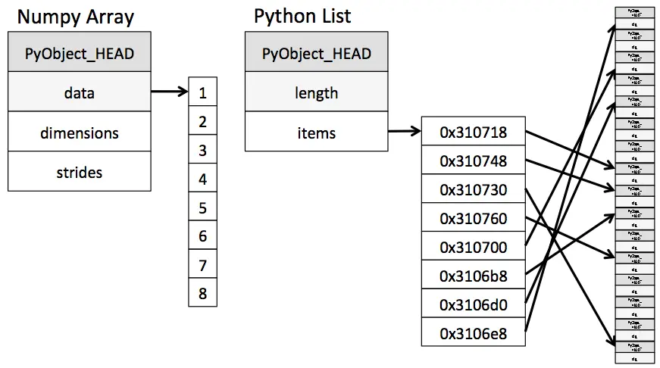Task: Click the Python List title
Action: point(302,16)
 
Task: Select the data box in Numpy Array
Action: point(79,93)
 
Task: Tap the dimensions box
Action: point(79,133)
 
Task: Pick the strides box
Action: point(79,172)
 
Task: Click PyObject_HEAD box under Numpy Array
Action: point(79,54)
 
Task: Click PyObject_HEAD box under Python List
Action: point(316,54)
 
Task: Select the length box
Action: point(316,93)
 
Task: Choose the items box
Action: point(316,133)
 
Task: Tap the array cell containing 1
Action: point(202,93)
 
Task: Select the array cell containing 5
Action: point(202,207)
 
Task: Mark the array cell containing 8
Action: point(202,293)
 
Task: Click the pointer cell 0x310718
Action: point(473,133)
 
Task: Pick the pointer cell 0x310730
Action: point(473,190)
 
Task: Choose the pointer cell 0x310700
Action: point(473,247)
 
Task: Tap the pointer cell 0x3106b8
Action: point(473,276)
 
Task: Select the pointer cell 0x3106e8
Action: point(473,332)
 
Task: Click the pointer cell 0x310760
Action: point(473,219)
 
